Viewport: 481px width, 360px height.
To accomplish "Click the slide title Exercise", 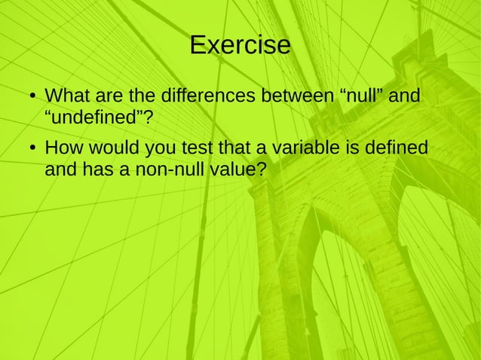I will [x=240, y=45].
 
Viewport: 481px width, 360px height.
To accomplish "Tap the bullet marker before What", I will [x=25, y=99].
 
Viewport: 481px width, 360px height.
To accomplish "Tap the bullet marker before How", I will [x=25, y=148].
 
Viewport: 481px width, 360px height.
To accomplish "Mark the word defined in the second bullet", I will [x=394, y=148].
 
